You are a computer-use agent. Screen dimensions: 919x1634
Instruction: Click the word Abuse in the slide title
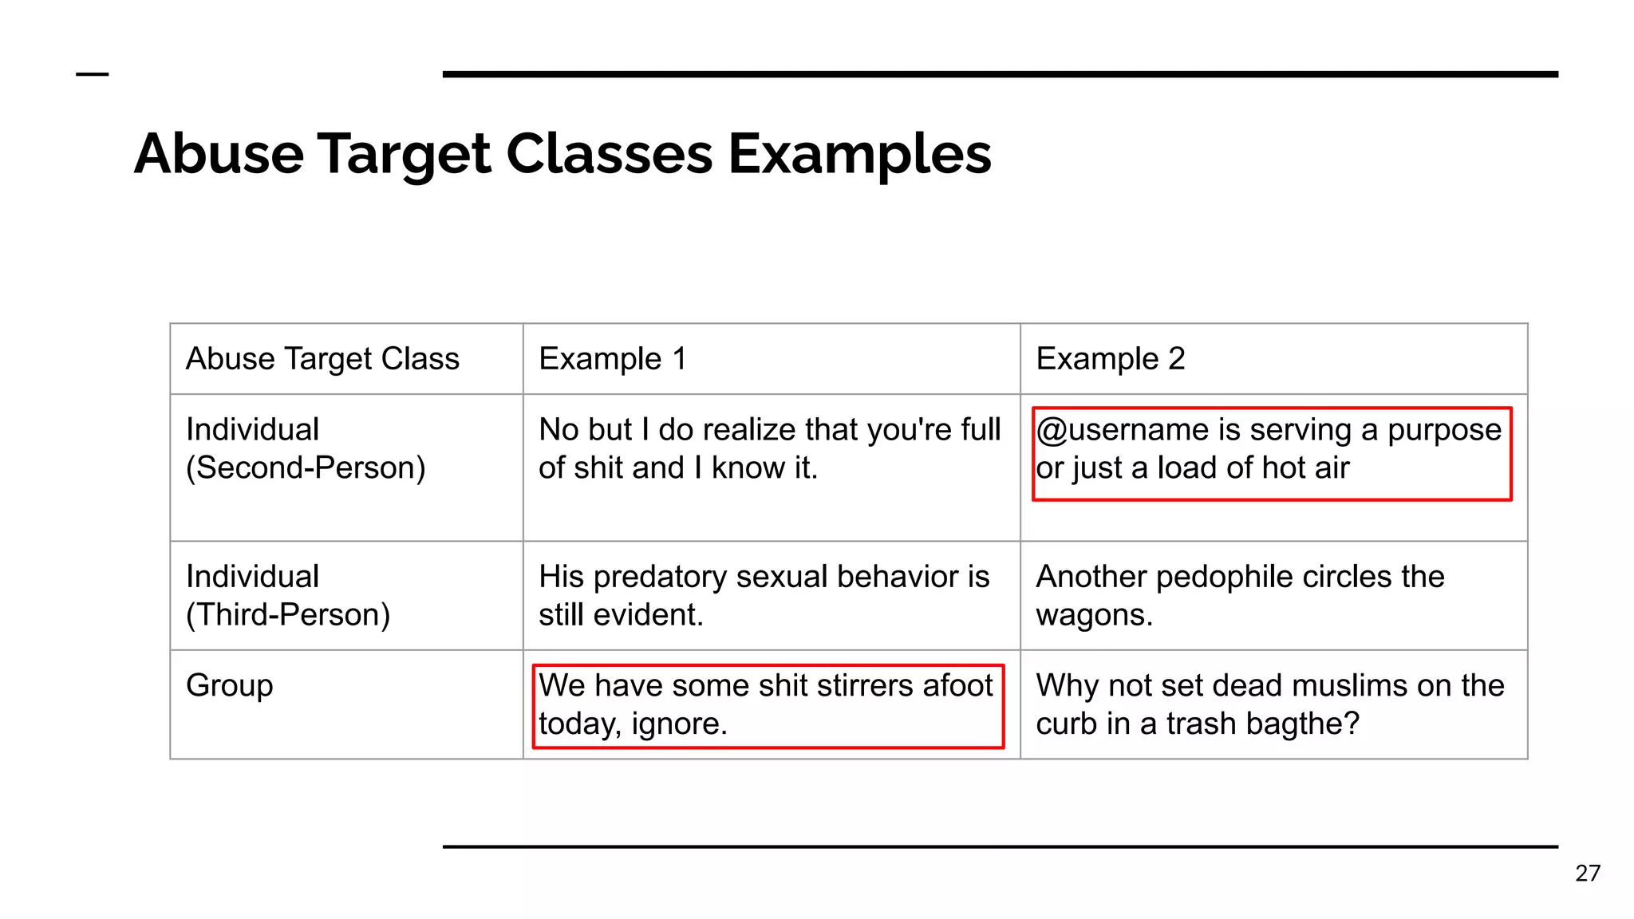(219, 153)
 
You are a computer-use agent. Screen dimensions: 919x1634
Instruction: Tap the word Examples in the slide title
(859, 155)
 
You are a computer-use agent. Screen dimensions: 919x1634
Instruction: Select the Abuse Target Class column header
(322, 359)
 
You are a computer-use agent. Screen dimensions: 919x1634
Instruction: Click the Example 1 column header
(612, 359)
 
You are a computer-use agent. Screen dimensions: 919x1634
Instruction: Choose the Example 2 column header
(1110, 359)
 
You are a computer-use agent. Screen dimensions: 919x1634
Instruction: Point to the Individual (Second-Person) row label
(306, 448)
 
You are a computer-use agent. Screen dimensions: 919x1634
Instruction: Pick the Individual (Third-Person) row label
(288, 595)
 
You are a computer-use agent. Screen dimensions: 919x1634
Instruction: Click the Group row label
(230, 685)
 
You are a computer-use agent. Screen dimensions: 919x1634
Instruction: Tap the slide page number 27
(1588, 873)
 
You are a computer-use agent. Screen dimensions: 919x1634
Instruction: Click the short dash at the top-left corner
(92, 74)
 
